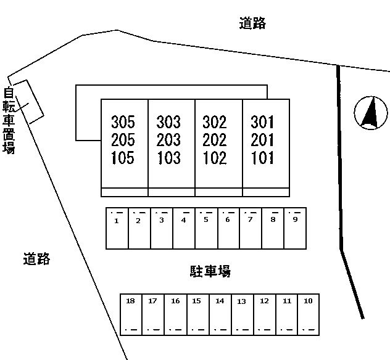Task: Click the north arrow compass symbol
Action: (371, 113)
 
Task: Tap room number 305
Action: (123, 122)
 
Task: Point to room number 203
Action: (168, 140)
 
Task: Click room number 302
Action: (215, 122)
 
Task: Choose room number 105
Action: (123, 158)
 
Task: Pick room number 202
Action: (215, 140)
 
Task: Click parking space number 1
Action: (117, 228)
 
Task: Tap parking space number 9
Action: (295, 228)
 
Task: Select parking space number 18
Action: (131, 314)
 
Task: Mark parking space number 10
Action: (309, 314)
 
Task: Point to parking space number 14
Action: (220, 314)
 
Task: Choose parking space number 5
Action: (207, 228)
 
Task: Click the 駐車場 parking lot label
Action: (210, 271)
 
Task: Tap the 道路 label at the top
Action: (252, 23)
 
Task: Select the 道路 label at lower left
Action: (37, 259)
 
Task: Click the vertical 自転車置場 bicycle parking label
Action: (9, 120)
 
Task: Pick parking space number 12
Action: (265, 314)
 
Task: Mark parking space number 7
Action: (251, 228)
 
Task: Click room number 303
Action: (168, 122)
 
